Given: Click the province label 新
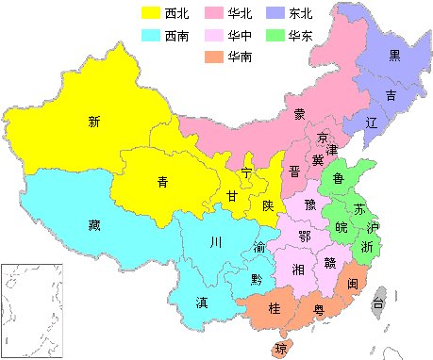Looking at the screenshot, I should pos(93,121).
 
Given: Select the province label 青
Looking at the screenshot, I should pos(162,183).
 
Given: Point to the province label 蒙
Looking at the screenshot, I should pos(299,115).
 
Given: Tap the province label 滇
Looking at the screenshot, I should pos(202,303).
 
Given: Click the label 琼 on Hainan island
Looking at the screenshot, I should pos(280,350).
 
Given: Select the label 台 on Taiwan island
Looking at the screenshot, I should pos(377,303).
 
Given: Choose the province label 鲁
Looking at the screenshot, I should pos(338,176).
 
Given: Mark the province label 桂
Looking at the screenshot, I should pos(275,309).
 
